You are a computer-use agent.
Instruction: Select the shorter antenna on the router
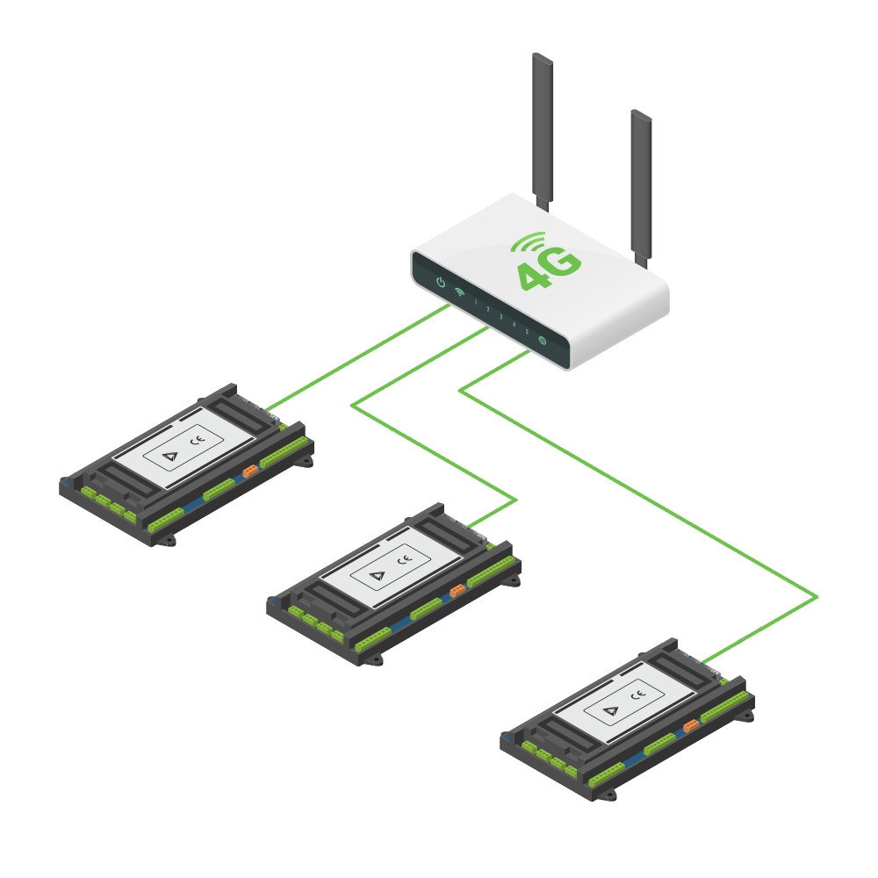pyautogui.click(x=642, y=184)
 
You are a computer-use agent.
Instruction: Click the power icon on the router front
pyautogui.click(x=441, y=284)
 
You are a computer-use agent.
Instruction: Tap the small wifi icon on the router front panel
pyautogui.click(x=459, y=294)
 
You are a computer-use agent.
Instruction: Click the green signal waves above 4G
pyautogui.click(x=529, y=242)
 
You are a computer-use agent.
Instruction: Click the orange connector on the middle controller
pyautogui.click(x=457, y=591)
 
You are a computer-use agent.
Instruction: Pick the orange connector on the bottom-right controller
pyautogui.click(x=691, y=725)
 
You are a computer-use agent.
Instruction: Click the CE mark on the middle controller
pyautogui.click(x=405, y=560)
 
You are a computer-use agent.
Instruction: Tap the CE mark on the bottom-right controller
pyautogui.click(x=638, y=694)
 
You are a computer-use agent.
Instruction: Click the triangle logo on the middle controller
pyautogui.click(x=377, y=576)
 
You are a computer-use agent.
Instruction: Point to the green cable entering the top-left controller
pyautogui.click(x=290, y=396)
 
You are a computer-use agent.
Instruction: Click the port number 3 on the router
pyautogui.click(x=500, y=316)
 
